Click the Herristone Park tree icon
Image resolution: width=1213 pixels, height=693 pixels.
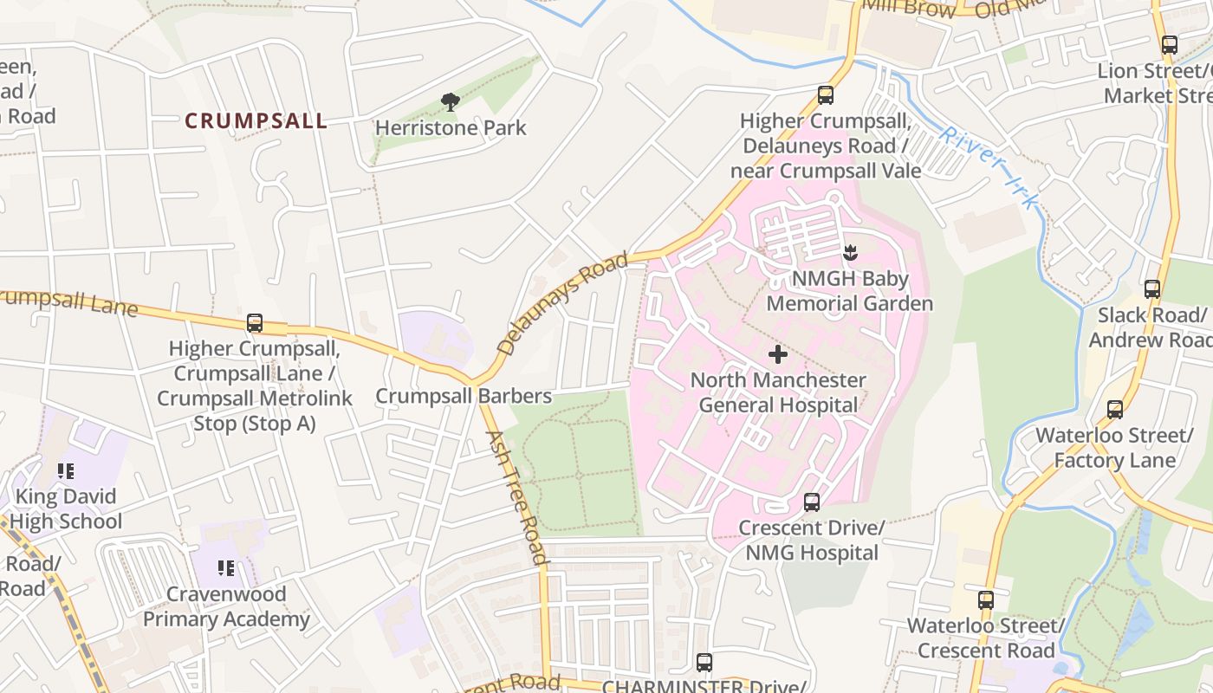point(450,102)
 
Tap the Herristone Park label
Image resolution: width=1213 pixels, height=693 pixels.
point(451,128)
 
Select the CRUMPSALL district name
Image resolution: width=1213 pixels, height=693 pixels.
point(256,121)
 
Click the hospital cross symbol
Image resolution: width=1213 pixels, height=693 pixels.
point(778,354)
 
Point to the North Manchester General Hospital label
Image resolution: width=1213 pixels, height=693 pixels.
point(778,392)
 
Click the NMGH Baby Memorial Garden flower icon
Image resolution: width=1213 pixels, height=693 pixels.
point(849,253)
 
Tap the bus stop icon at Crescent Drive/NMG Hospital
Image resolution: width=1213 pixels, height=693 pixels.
point(812,502)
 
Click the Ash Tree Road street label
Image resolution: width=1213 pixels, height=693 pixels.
point(516,497)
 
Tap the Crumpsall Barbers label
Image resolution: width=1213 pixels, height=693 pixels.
point(464,396)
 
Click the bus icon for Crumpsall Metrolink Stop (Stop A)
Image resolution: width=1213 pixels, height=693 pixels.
point(255,323)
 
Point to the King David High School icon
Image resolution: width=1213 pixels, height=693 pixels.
point(66,471)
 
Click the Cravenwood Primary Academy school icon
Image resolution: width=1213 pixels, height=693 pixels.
point(226,568)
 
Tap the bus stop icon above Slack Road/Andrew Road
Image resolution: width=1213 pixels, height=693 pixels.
point(1151,289)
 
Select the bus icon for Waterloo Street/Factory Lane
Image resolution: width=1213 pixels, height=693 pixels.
point(1115,409)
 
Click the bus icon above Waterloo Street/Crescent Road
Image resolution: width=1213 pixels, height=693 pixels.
point(985,599)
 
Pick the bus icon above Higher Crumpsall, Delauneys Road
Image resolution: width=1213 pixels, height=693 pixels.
point(826,95)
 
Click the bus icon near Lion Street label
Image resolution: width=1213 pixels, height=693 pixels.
point(1169,45)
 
